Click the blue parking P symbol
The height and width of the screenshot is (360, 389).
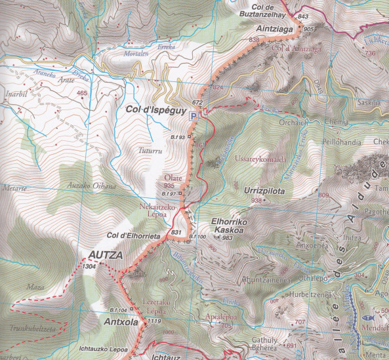[194, 116]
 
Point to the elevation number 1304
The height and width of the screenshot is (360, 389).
[91, 266]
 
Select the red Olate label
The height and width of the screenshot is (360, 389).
[173, 178]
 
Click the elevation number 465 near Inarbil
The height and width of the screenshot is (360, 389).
[81, 94]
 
